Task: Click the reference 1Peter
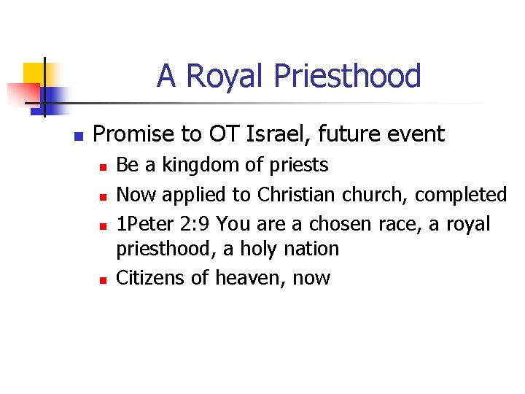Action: [x=143, y=224]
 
